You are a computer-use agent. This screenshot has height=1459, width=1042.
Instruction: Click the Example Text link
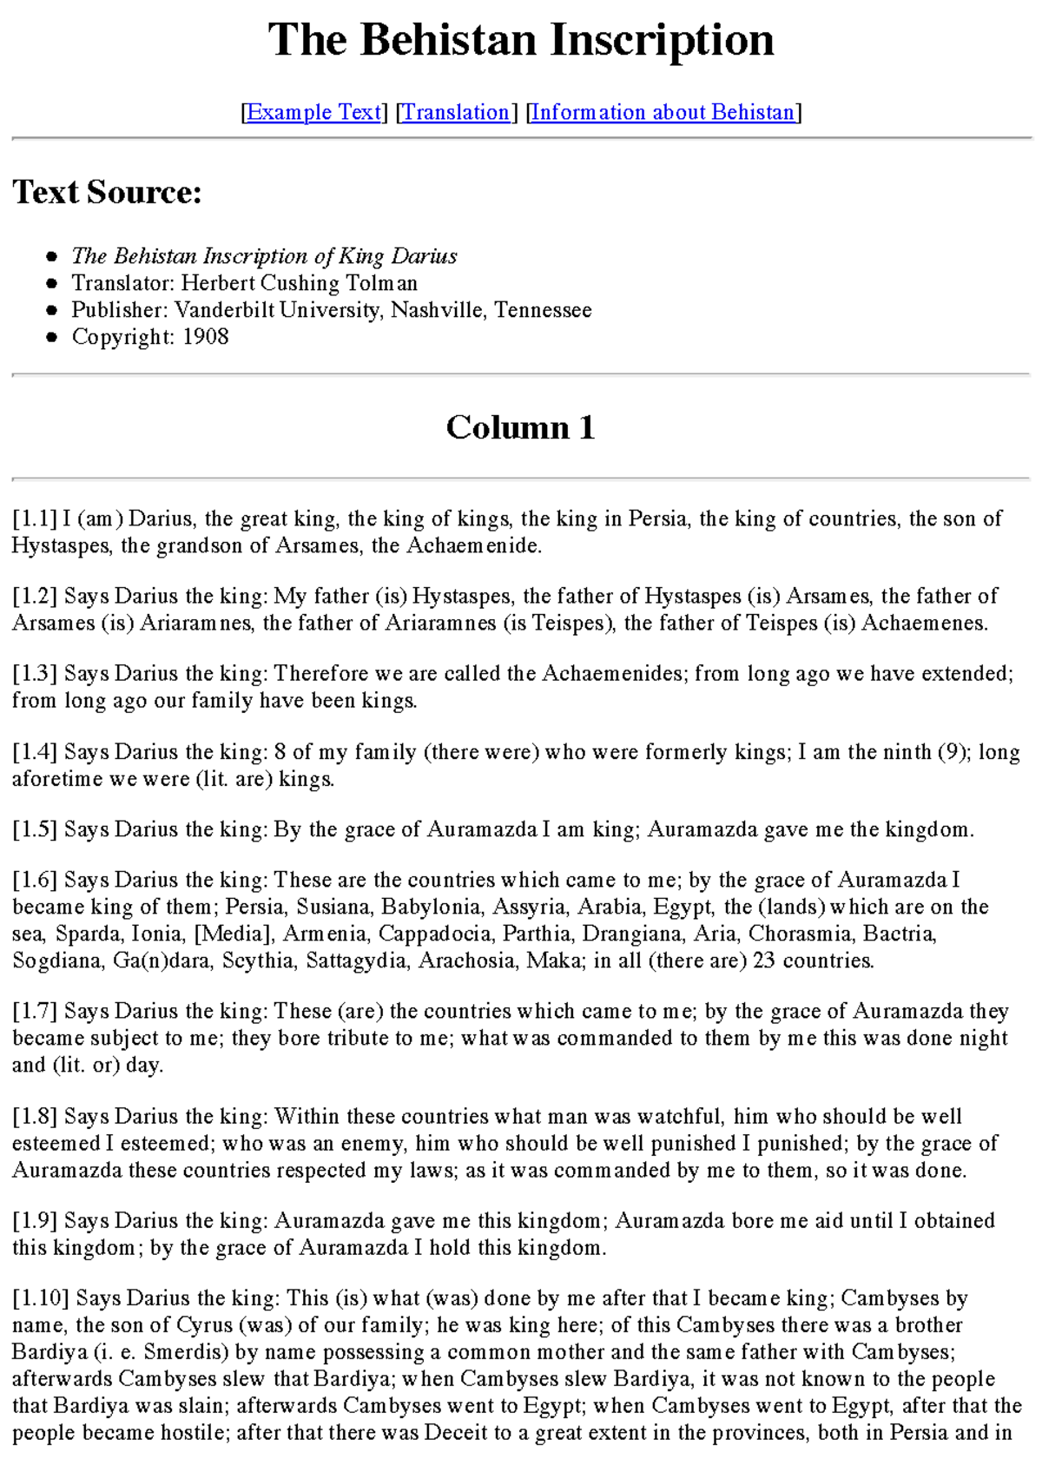[x=314, y=112]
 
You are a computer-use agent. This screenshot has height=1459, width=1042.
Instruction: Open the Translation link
[x=456, y=112]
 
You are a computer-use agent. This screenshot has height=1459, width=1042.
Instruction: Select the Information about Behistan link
[x=663, y=112]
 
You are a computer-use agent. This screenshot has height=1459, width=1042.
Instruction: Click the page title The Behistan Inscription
[x=521, y=40]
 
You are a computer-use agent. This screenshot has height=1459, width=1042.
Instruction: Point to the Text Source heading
[x=107, y=192]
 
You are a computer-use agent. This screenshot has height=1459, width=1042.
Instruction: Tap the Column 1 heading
[x=521, y=427]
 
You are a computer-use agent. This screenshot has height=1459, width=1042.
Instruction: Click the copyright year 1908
[x=206, y=337]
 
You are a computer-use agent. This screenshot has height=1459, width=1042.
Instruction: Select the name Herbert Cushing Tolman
[x=300, y=283]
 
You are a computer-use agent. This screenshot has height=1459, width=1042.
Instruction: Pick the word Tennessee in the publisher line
[x=543, y=310]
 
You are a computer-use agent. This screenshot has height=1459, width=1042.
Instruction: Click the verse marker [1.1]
[x=35, y=519]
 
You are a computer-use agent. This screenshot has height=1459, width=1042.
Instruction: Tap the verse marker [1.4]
[x=35, y=752]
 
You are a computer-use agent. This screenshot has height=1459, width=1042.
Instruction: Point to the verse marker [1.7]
[x=35, y=1012]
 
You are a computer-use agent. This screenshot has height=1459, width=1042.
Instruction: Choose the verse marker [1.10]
[x=41, y=1298]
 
